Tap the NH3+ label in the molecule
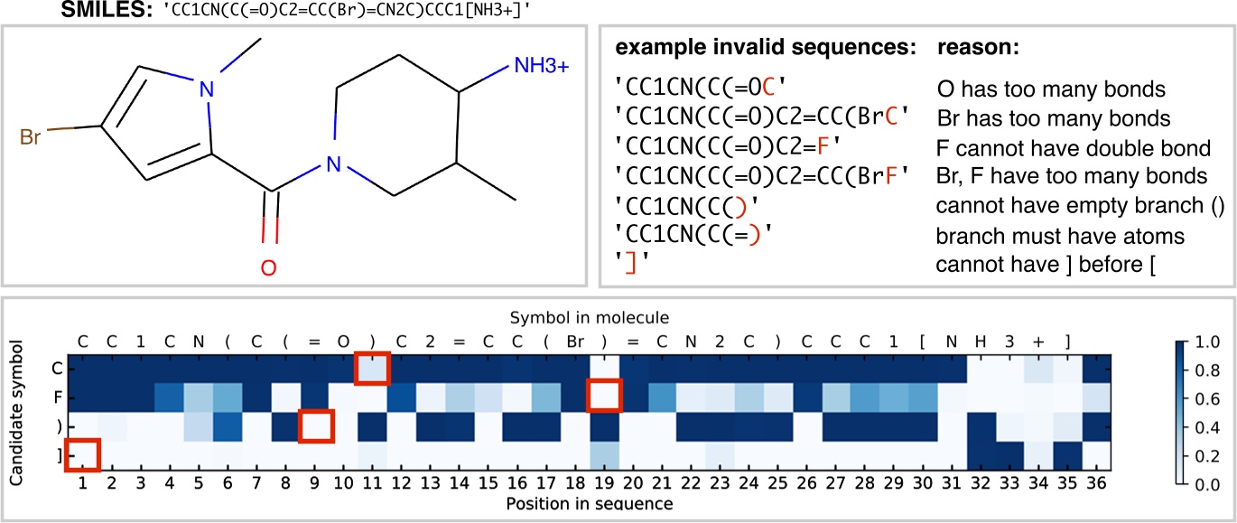542,66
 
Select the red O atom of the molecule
268,267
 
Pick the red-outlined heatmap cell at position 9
316,425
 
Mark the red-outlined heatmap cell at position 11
372,369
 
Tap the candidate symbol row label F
57,397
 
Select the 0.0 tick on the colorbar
1204,485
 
